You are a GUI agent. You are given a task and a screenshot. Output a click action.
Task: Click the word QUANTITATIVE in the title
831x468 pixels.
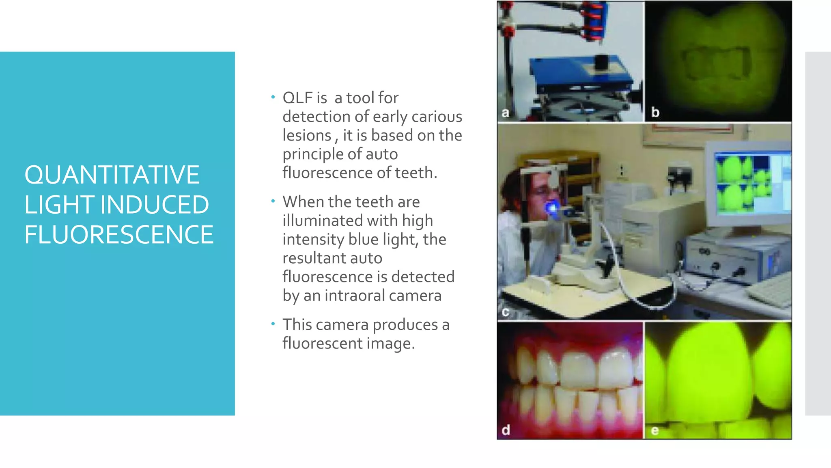tap(112, 175)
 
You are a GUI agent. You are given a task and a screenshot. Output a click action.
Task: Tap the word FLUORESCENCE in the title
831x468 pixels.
tap(118, 235)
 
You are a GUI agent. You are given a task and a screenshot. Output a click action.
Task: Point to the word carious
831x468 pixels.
tap(437, 117)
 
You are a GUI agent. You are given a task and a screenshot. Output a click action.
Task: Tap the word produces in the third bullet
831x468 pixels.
tap(405, 325)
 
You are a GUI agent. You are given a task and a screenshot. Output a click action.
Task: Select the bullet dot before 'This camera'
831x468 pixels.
tap(273, 324)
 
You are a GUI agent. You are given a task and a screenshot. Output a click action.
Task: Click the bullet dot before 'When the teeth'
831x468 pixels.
tap(273, 201)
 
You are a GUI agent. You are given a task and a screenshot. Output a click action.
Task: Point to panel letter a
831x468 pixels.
tap(505, 113)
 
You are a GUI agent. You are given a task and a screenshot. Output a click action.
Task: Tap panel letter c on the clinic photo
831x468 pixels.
tap(505, 312)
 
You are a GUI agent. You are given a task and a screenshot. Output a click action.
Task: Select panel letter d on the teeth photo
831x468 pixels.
tap(506, 430)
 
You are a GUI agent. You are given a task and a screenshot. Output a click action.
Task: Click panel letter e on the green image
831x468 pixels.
tap(654, 431)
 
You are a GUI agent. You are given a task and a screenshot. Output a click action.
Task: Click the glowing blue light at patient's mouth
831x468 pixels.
tap(551, 208)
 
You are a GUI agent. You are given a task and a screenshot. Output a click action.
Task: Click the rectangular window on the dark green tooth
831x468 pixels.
tap(717, 63)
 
